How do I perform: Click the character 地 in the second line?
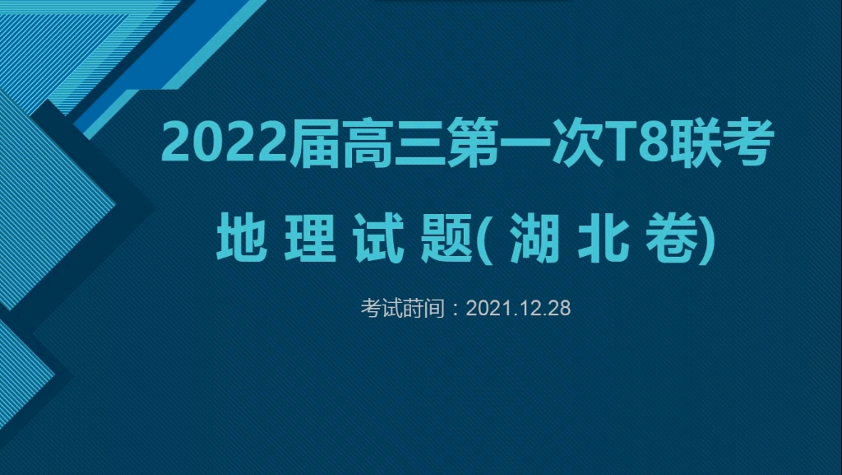click(239, 237)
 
